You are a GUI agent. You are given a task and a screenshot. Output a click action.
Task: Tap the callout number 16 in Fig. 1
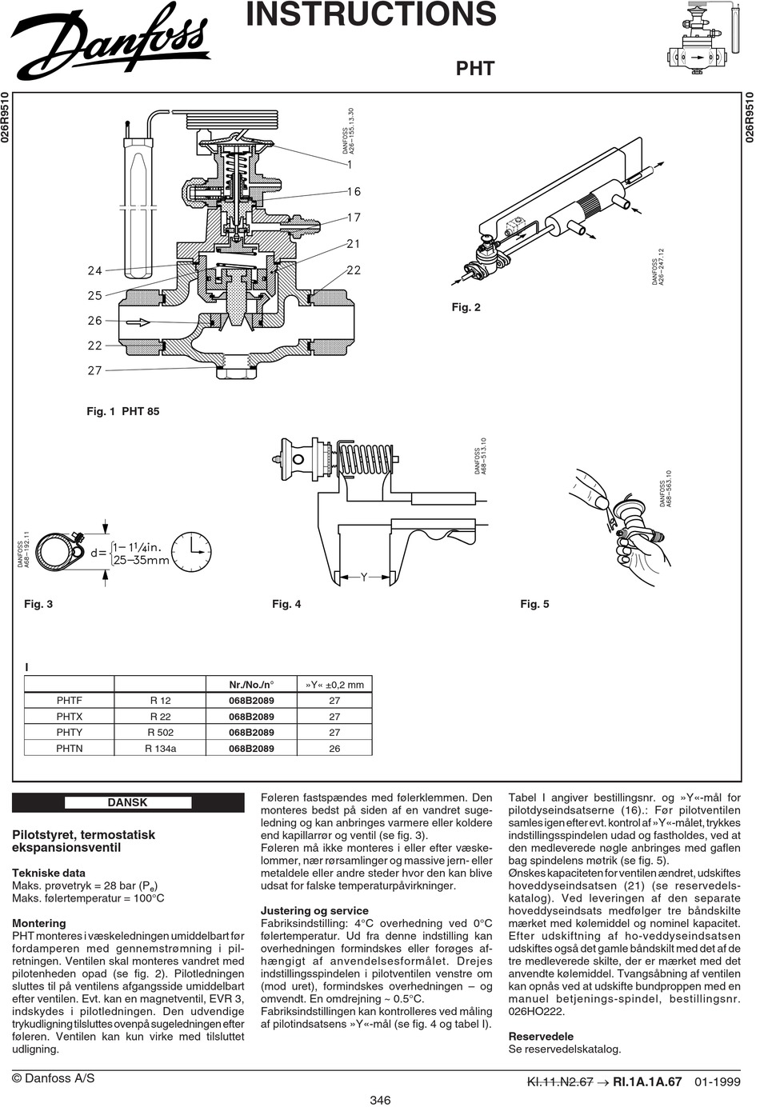[x=354, y=191]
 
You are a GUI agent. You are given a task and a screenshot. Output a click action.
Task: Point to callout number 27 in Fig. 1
[x=95, y=370]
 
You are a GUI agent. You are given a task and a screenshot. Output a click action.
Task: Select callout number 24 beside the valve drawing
[x=95, y=270]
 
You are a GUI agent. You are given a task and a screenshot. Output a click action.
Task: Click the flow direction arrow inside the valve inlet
[x=138, y=322]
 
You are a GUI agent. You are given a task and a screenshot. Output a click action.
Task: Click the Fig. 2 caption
[x=466, y=307]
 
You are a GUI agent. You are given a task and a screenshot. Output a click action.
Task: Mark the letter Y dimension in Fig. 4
[x=364, y=577]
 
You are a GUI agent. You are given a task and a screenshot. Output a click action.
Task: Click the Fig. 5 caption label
[x=534, y=604]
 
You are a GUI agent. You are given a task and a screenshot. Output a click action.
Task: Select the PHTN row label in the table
[x=69, y=748]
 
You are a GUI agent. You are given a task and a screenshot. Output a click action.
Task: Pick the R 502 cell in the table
[x=161, y=733]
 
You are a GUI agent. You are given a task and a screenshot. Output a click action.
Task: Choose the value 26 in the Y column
[x=334, y=748]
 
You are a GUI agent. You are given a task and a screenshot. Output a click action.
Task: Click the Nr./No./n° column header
[x=251, y=685]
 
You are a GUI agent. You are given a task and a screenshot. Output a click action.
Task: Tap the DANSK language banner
[x=128, y=802]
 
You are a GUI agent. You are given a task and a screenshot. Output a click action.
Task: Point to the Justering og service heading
[x=314, y=910]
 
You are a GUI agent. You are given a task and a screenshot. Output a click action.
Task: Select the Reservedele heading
[x=541, y=1037]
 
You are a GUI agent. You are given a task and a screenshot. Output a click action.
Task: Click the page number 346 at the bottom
[x=380, y=1100]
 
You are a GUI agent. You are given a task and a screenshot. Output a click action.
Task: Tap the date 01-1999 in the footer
[x=718, y=1082]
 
